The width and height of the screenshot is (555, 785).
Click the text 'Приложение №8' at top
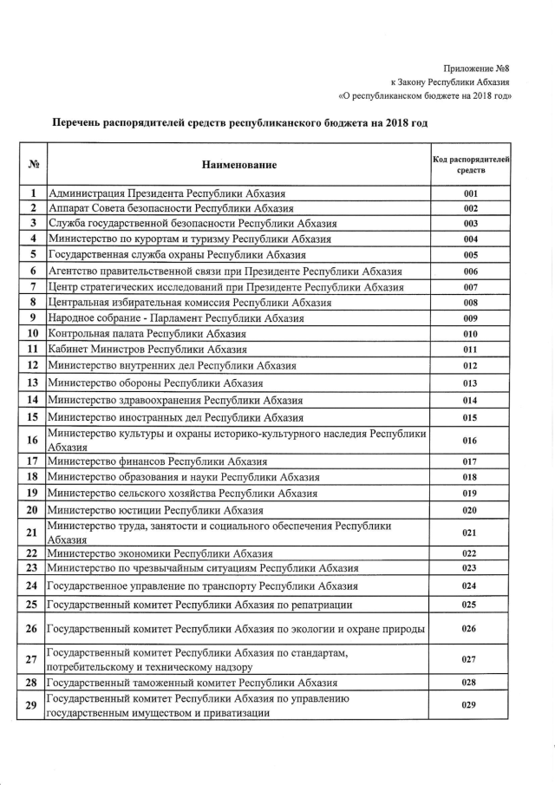(476, 68)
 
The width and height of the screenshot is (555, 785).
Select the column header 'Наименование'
(239, 164)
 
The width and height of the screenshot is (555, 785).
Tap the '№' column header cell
(32, 164)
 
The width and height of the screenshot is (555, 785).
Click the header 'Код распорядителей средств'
(471, 164)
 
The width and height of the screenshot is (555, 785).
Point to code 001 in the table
(471, 193)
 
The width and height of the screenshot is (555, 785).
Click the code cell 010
(471, 333)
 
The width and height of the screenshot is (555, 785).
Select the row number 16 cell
(32, 440)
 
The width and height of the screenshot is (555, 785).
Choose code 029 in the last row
(471, 705)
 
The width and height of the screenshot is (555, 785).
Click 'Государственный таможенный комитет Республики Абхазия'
(192, 683)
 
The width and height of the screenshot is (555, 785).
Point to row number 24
(32, 585)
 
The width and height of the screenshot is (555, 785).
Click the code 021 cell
(471, 532)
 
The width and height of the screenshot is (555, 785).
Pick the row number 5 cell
(32, 255)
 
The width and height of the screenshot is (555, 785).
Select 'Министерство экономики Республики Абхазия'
(161, 553)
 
